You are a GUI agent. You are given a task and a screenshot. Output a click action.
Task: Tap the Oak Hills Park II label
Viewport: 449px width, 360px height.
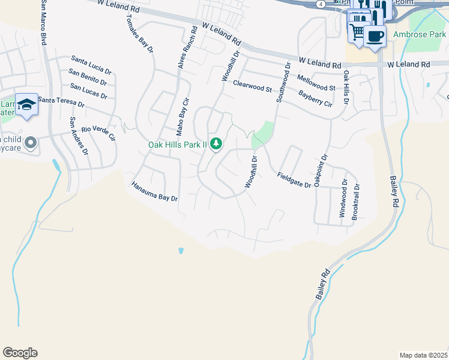coord(178,145)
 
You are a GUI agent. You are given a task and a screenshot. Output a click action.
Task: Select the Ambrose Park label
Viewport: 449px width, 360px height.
coord(420,35)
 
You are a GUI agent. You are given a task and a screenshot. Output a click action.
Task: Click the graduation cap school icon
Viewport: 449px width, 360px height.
coord(26,105)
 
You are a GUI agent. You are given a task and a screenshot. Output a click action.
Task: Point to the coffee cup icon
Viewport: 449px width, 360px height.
coord(375,35)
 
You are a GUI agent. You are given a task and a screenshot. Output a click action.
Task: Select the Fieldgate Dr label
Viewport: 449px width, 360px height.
coord(294,180)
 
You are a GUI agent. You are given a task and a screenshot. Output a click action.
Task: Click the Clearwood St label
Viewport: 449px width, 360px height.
coord(253,86)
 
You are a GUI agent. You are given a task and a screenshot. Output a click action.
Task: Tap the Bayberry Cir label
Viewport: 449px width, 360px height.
coord(315,98)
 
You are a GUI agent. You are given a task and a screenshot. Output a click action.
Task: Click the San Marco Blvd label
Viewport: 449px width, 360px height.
coord(44,23)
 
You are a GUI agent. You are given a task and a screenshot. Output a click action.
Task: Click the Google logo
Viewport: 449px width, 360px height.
coord(20,353)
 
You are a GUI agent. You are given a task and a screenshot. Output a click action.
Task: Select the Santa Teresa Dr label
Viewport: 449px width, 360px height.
coord(60,102)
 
